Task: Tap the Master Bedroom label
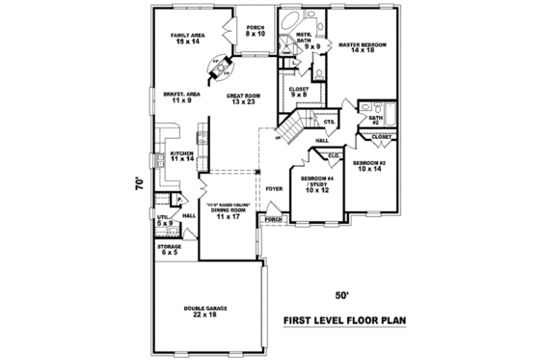361,48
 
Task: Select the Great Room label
243,98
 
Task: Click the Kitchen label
183,156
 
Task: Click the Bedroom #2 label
370,165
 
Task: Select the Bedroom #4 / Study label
317,184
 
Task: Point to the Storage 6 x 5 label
170,249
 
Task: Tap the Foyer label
275,189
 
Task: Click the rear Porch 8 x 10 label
255,31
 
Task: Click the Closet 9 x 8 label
299,92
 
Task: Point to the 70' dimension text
141,181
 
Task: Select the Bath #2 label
373,120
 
